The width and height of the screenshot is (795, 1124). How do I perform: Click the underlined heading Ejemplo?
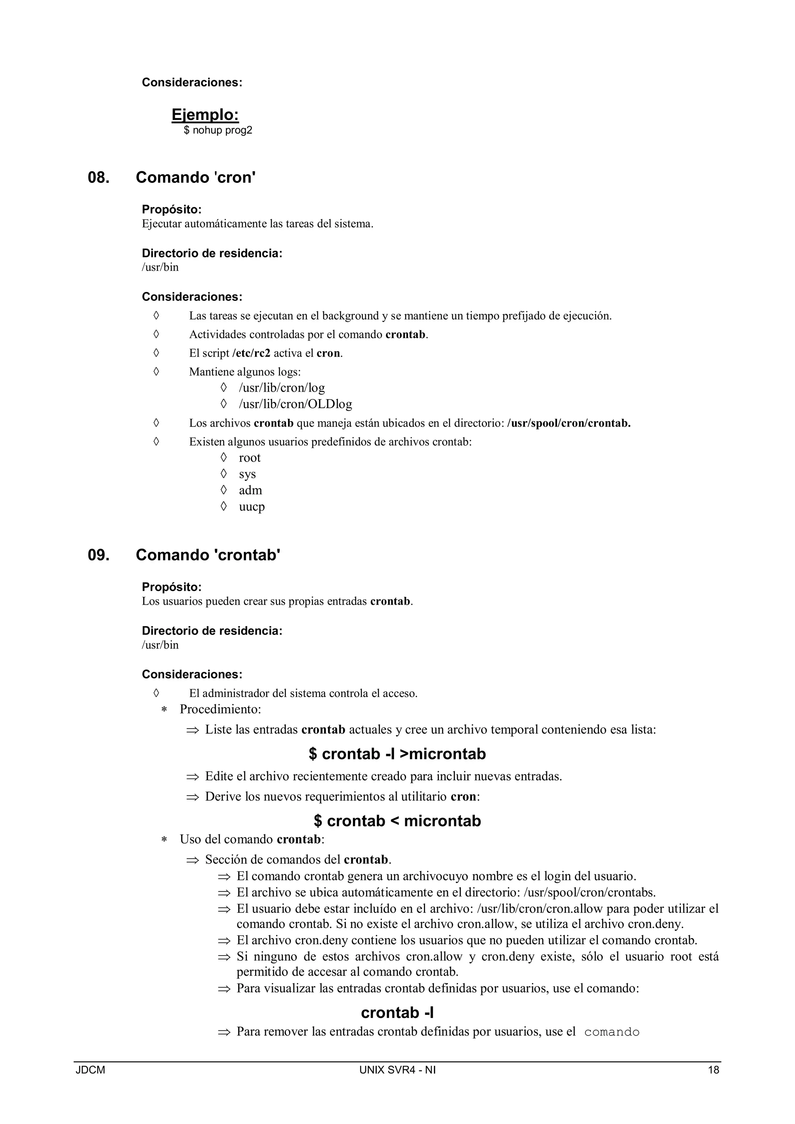pyautogui.click(x=205, y=114)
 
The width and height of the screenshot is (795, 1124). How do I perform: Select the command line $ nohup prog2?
pyautogui.click(x=218, y=130)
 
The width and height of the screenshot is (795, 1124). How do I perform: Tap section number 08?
pyautogui.click(x=98, y=177)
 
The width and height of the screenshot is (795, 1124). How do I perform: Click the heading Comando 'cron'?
pyautogui.click(x=196, y=177)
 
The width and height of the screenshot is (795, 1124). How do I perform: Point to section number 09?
pyautogui.click(x=98, y=555)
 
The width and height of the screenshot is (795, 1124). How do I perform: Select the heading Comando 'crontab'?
pyautogui.click(x=208, y=555)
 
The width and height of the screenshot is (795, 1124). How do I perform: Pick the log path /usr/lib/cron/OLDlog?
pyautogui.click(x=295, y=404)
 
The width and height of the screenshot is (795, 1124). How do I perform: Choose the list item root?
pyautogui.click(x=250, y=458)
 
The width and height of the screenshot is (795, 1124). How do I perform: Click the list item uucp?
pyautogui.click(x=252, y=506)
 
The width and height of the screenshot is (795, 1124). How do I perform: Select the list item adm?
pyautogui.click(x=250, y=490)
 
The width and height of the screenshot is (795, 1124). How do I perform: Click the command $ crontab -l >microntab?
pyautogui.click(x=397, y=754)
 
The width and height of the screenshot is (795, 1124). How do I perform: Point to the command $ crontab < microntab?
pyautogui.click(x=397, y=820)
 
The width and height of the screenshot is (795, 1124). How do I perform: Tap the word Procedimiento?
pyautogui.click(x=220, y=709)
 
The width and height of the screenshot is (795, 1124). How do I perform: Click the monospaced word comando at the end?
pyautogui.click(x=612, y=1032)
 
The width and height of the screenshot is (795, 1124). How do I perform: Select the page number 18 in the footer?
pyautogui.click(x=713, y=1070)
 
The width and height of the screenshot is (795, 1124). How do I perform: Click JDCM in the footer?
pyautogui.click(x=90, y=1070)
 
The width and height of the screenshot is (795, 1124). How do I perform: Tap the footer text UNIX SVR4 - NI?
pyautogui.click(x=397, y=1070)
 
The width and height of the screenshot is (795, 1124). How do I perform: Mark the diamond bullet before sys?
pyautogui.click(x=224, y=474)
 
